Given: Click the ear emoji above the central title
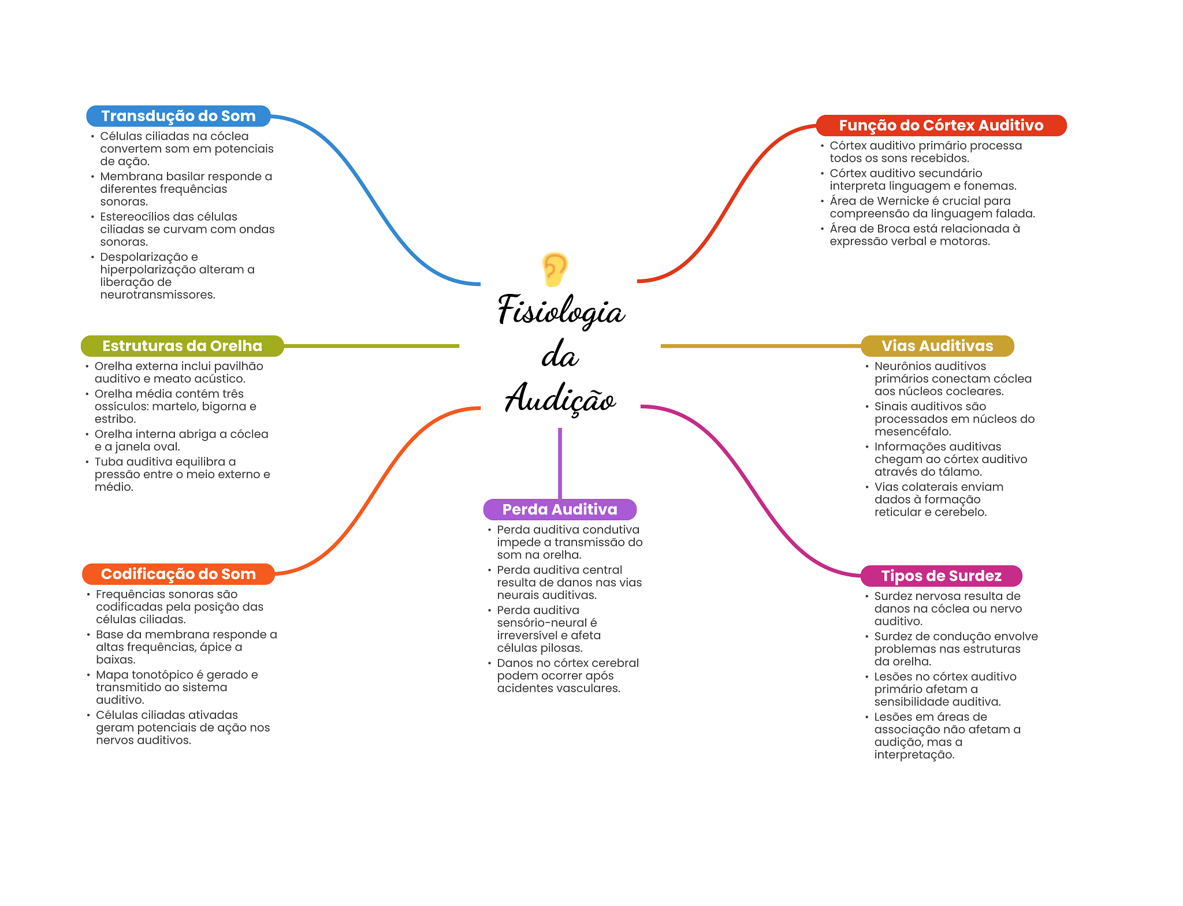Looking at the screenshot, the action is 555,269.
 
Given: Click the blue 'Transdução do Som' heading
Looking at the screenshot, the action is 178,116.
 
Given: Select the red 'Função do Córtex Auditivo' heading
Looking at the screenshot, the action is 941,125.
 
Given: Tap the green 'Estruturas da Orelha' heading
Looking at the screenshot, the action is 182,346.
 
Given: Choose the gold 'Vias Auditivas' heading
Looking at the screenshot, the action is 937,346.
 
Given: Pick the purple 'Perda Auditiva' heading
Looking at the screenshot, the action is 560,509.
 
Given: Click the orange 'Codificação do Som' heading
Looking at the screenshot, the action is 178,574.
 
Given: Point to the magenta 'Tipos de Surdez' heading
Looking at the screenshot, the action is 941,576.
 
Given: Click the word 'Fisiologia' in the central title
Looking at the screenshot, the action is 561,311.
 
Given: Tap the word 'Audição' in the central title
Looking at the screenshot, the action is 560,398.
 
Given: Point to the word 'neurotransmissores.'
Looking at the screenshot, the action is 158,294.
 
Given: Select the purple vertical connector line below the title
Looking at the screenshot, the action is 560,462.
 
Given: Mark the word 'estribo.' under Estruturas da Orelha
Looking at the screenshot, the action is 116,419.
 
